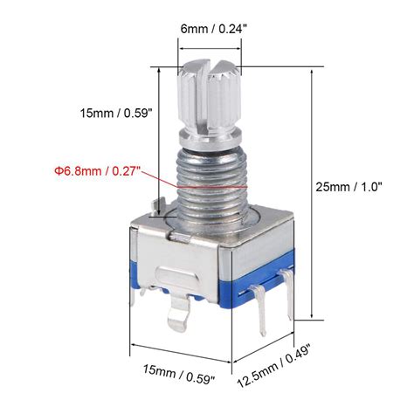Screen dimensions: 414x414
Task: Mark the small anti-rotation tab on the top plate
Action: (x=159, y=208)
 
